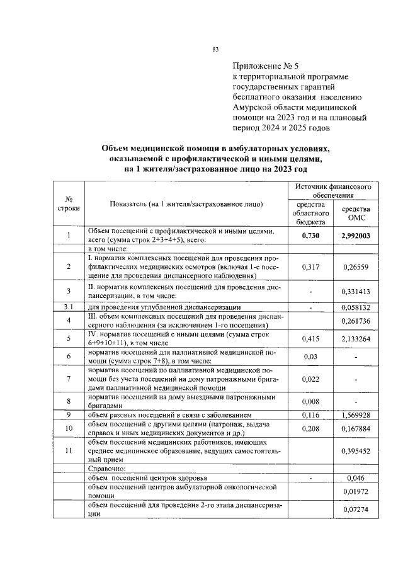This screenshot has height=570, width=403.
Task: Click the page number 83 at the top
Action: (215, 50)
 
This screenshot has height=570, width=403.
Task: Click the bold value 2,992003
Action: (356, 236)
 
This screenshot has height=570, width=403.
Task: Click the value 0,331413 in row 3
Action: (356, 292)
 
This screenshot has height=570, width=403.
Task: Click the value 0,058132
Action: (356, 307)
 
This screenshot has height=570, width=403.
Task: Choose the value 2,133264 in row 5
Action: (356, 339)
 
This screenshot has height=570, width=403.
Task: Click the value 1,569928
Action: (356, 416)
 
